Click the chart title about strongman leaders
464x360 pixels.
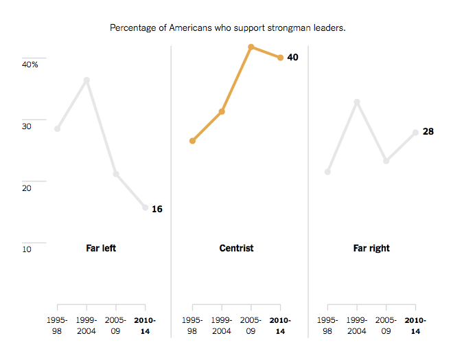pos(227,28)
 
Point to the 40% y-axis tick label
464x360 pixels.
pos(30,64)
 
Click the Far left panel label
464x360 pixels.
pos(101,248)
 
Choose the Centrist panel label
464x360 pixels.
pos(236,248)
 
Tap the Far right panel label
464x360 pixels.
pos(371,248)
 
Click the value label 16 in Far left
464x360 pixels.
pos(156,209)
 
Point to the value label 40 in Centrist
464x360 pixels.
pos(292,57)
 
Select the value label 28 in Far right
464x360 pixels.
pos(428,131)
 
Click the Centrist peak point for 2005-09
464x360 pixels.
pos(251,47)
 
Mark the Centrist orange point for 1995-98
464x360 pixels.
pos(193,141)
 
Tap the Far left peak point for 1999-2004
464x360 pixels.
pos(86,80)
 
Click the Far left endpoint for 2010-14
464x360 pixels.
pos(146,207)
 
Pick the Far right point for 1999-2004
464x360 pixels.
pos(357,102)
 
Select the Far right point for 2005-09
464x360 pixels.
pos(386,161)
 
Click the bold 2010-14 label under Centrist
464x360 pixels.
pos(280,326)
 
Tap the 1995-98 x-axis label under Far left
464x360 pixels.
pos(57,326)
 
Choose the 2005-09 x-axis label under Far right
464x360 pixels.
pos(386,326)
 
